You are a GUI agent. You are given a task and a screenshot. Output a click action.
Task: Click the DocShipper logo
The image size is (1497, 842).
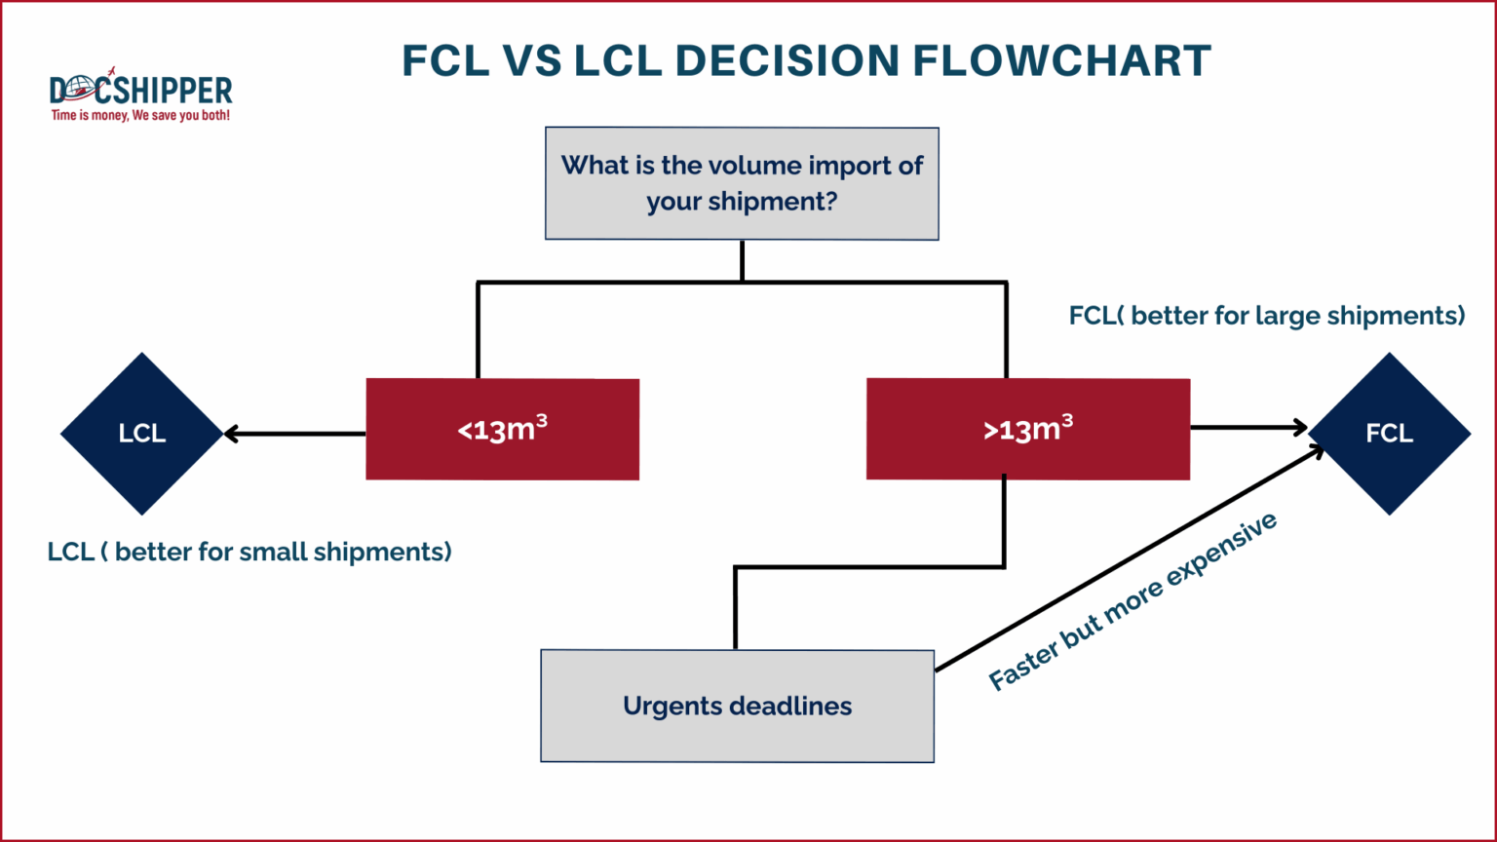tap(140, 91)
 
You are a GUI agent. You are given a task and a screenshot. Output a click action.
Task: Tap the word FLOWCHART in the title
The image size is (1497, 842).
tap(1061, 61)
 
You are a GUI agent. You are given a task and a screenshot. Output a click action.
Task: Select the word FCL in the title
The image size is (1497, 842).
tap(445, 61)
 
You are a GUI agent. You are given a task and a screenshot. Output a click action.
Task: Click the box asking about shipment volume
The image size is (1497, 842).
tap(742, 183)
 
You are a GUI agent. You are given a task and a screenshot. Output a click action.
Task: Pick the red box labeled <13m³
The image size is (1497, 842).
tap(502, 429)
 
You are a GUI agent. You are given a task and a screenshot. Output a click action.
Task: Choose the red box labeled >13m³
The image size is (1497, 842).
tap(1027, 429)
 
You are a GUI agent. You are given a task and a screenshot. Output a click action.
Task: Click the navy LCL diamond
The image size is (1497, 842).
tap(142, 434)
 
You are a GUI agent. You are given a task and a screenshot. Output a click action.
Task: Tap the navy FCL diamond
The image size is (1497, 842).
tap(1389, 434)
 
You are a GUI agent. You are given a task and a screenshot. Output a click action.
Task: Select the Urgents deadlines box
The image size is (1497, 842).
tap(737, 706)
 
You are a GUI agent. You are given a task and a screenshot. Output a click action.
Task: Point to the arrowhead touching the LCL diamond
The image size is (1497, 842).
tap(231, 434)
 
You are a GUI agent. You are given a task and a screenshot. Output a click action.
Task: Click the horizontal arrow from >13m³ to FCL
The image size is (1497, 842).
tap(1247, 427)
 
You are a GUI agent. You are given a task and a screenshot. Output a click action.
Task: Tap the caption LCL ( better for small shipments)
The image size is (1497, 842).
tap(249, 552)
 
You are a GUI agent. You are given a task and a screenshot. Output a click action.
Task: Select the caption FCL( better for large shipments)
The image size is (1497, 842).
tap(1266, 316)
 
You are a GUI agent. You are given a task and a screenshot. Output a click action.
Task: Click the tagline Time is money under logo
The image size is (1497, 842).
tap(140, 116)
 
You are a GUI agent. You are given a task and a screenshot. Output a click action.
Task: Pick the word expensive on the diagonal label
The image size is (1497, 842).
tap(1222, 551)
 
